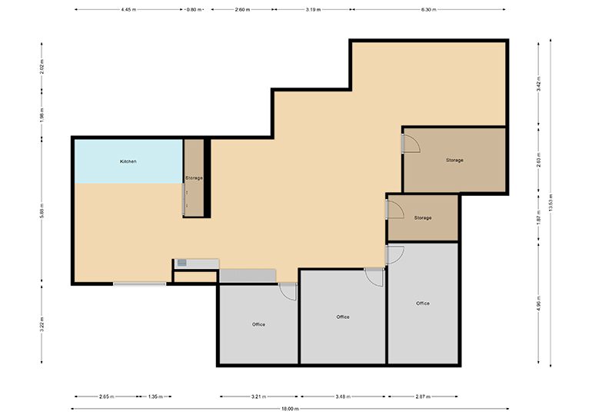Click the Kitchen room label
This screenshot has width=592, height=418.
(x=128, y=161)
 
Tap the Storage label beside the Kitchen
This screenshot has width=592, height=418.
(x=194, y=177)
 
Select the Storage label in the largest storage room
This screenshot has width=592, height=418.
(x=454, y=160)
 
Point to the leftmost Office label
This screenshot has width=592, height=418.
(x=258, y=324)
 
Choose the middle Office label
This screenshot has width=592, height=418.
(x=343, y=317)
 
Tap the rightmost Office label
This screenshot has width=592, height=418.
(x=423, y=304)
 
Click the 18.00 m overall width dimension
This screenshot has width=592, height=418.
(x=290, y=409)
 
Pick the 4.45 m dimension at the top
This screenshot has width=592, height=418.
(x=129, y=10)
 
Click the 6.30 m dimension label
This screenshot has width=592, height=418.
(x=428, y=10)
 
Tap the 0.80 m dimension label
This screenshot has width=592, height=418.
(x=196, y=10)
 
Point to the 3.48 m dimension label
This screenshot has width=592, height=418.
(x=344, y=396)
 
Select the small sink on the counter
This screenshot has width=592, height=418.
(x=181, y=263)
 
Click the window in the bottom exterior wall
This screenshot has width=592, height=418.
(x=140, y=284)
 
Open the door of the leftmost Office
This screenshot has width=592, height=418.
(x=287, y=290)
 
